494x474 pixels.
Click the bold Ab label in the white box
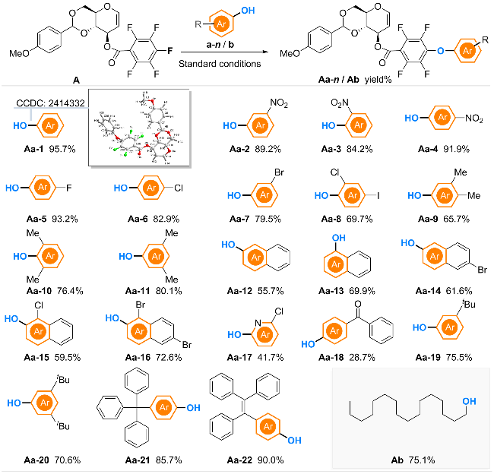point(397,459)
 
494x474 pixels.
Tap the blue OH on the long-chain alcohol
point(468,399)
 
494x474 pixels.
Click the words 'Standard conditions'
point(221,63)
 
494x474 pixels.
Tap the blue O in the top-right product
point(442,52)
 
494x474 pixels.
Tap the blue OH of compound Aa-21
point(193,407)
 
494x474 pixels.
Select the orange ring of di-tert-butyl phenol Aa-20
point(46,400)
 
